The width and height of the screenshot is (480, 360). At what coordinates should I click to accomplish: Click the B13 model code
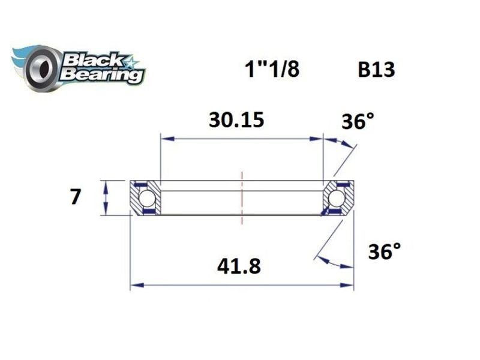click(376, 70)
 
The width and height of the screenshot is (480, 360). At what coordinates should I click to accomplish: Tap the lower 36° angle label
click(385, 251)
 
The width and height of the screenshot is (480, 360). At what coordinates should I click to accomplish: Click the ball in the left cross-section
click(146, 197)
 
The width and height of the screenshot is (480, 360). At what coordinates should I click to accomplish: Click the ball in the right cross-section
click(337, 197)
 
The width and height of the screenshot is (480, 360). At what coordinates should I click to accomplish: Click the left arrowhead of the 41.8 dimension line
click(136, 286)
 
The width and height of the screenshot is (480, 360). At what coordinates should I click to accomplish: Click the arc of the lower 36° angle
click(336, 263)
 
